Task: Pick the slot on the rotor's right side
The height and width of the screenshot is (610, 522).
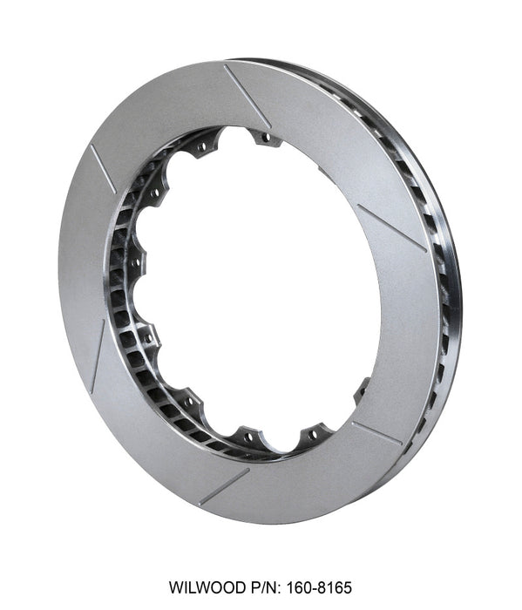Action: [x=391, y=227]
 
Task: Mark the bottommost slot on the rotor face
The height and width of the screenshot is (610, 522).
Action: [x=223, y=486]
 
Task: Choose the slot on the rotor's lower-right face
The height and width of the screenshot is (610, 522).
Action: [x=376, y=432]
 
